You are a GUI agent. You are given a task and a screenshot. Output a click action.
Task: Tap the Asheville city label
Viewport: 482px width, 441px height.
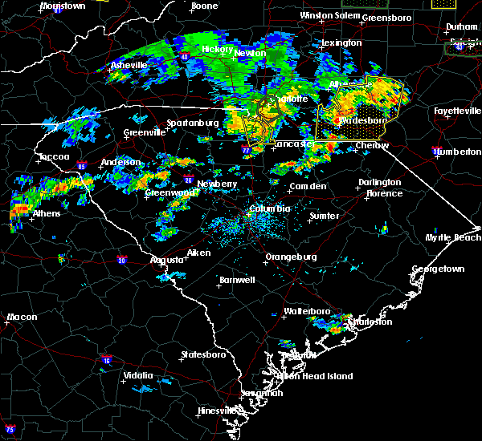(x=129, y=65)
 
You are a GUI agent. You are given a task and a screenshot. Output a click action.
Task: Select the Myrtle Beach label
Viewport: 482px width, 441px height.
(x=454, y=238)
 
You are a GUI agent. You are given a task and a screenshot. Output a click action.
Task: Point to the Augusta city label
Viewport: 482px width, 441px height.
(x=167, y=260)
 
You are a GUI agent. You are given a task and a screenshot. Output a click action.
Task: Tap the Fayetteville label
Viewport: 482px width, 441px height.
(x=455, y=111)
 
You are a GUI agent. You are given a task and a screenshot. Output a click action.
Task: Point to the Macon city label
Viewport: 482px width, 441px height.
(x=22, y=318)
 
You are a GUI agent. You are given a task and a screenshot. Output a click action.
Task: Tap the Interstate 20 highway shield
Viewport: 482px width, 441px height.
(x=121, y=260)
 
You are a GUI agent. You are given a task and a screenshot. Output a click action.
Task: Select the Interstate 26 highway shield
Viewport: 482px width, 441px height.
(x=187, y=180)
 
